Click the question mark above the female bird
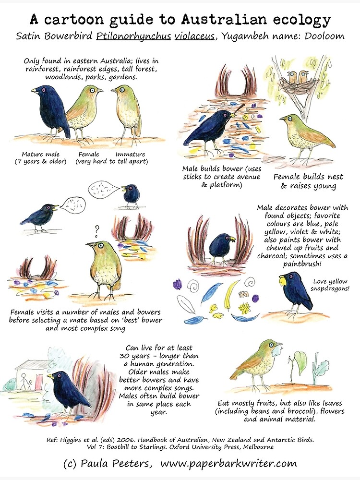tap(96, 229)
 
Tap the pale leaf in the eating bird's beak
tap(277, 350)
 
